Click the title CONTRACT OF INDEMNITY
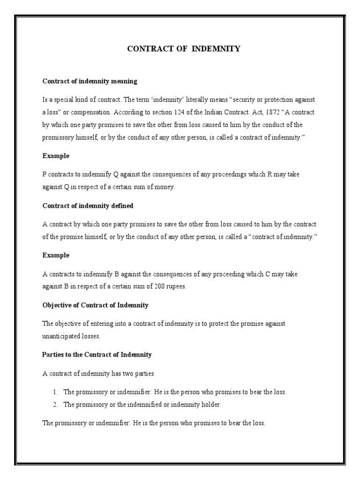coord(184,49)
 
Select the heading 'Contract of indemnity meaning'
coord(90,81)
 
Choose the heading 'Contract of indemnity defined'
coord(88,205)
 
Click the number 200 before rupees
coord(157,287)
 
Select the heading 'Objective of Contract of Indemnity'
coord(96,305)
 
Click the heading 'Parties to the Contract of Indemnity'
coord(97,355)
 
